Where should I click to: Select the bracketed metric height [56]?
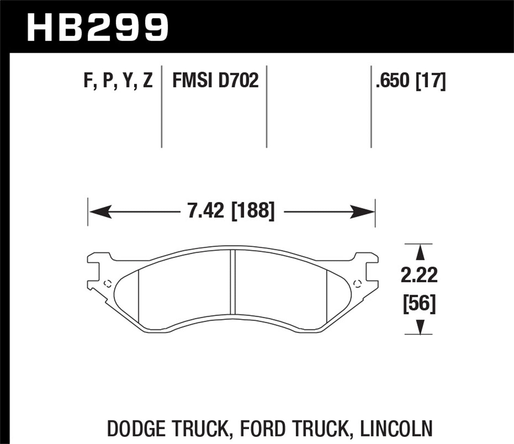[x=419, y=303]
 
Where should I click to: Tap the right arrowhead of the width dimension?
[x=363, y=212]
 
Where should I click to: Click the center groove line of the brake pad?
[x=233, y=281]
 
